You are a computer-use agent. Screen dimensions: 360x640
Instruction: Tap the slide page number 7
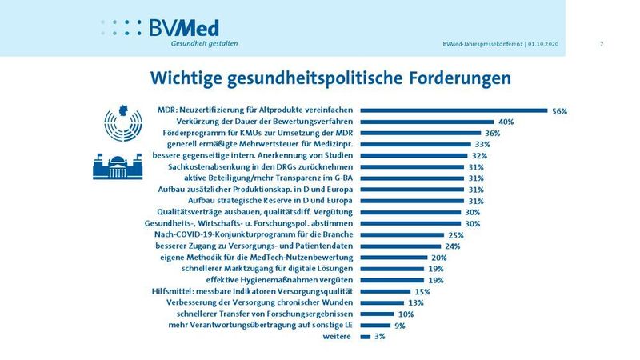pyautogui.click(x=601, y=43)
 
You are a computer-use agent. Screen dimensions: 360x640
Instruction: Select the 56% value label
pyautogui.click(x=559, y=111)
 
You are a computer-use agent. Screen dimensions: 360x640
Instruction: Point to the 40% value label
pyautogui.click(x=506, y=122)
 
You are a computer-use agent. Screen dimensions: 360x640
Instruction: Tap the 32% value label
pyautogui.click(x=480, y=155)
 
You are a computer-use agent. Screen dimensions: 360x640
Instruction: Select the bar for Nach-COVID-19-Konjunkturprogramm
pyautogui.click(x=402, y=234)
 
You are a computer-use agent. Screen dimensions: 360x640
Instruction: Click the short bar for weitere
pyautogui.click(x=366, y=337)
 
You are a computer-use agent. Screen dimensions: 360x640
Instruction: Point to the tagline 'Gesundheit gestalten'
pyautogui.click(x=204, y=43)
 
